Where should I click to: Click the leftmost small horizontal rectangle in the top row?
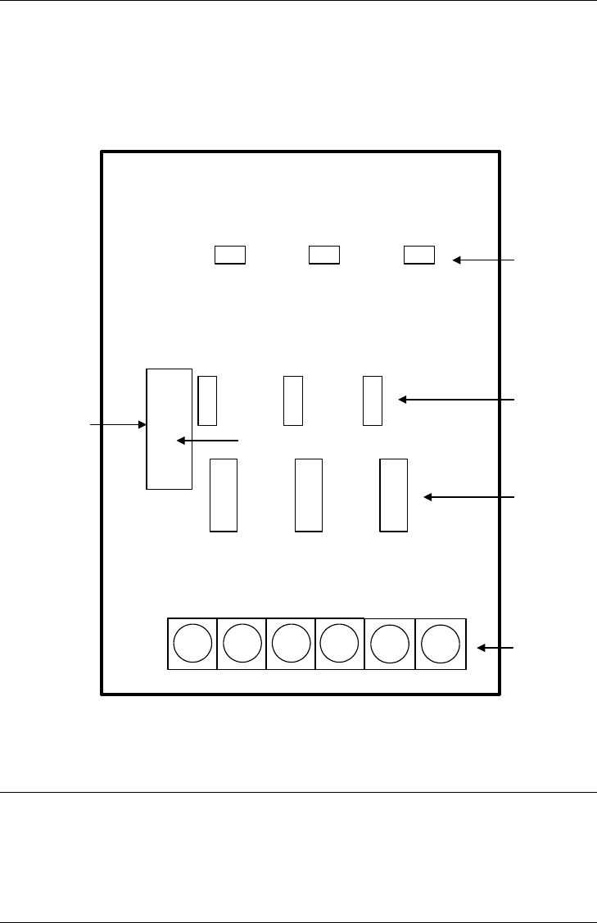[230, 255]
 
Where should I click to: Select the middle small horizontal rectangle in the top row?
[324, 255]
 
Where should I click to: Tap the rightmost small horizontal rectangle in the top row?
[419, 255]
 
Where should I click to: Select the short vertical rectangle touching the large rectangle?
[207, 400]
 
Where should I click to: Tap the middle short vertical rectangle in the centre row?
[293, 400]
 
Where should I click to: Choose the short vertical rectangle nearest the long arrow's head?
[373, 400]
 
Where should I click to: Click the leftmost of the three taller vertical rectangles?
[224, 495]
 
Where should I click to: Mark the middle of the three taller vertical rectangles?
[308, 495]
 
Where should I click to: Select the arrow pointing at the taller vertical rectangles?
[469, 497]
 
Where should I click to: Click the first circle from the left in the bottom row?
[192, 643]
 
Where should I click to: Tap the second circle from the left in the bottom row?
[242, 643]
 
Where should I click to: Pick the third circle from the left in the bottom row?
[291, 643]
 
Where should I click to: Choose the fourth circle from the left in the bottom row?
[339, 643]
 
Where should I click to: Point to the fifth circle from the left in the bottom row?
[390, 643]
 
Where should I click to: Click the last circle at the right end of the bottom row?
[441, 643]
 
